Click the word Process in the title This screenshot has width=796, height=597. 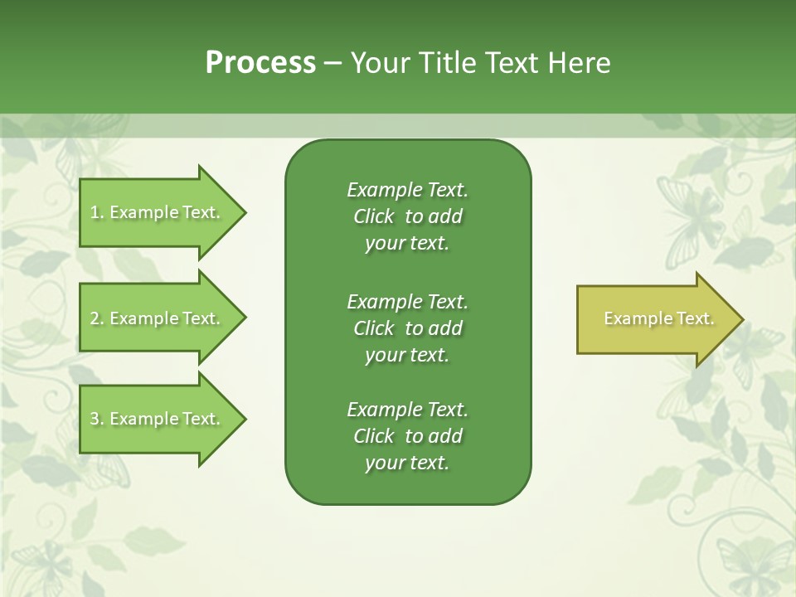(x=260, y=63)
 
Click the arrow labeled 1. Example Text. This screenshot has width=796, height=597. (x=158, y=212)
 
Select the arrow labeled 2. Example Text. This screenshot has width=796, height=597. (x=158, y=318)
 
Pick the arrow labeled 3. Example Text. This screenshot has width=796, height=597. (x=158, y=419)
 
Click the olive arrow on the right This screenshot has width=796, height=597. (x=655, y=318)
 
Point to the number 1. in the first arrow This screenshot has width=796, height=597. (x=97, y=212)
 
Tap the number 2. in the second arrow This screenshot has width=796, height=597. (x=97, y=318)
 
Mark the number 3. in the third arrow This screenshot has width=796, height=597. (x=97, y=419)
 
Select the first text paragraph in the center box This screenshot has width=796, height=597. (x=407, y=216)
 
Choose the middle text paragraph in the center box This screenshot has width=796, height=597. (x=407, y=328)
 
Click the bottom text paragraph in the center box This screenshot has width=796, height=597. (x=407, y=436)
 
